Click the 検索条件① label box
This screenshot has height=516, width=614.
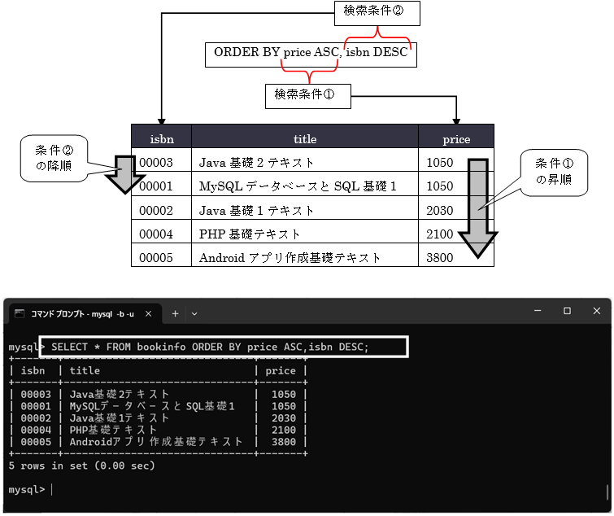tap(307, 94)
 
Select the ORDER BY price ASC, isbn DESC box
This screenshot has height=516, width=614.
tap(310, 54)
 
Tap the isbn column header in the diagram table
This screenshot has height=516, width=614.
tap(161, 138)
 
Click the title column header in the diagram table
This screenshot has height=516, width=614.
tap(305, 138)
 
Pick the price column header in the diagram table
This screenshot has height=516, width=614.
tap(456, 138)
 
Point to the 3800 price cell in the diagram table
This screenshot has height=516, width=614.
tap(440, 257)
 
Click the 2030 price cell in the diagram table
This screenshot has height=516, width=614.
tap(440, 210)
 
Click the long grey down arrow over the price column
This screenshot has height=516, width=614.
tap(479, 208)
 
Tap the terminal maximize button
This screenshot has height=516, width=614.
tap(567, 311)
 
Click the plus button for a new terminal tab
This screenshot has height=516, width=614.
tap(175, 313)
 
